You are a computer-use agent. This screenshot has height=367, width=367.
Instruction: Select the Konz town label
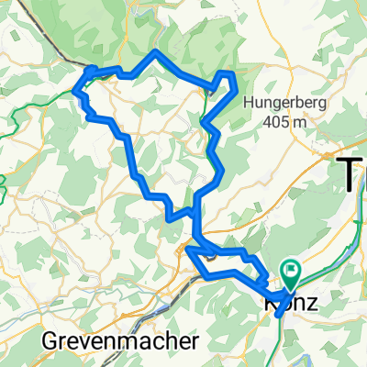pos(293,300)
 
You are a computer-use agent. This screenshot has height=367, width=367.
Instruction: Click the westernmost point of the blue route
pos(75,93)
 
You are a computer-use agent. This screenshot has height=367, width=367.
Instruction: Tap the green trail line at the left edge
pos(7,183)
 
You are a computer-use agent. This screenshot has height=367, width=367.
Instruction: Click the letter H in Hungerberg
pos(250,103)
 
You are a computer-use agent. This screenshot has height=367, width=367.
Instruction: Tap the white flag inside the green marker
pos(294,270)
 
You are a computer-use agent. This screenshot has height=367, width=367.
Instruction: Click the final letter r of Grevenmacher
pos(195,341)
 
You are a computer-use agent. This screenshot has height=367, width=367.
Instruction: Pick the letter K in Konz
pos(272,300)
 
